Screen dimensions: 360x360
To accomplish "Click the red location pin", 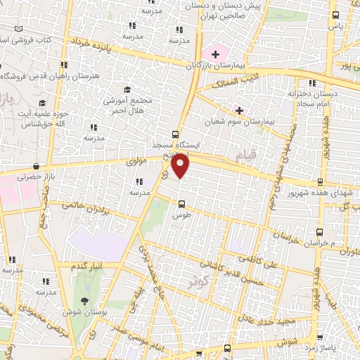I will (x=181, y=167).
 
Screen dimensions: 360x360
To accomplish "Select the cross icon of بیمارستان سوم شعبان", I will (x=240, y=110).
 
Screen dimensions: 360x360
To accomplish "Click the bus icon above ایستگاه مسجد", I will (x=175, y=135).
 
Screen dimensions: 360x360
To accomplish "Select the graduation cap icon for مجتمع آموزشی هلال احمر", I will (x=127, y=89).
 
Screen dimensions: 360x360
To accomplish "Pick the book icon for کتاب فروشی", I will (x=18, y=30).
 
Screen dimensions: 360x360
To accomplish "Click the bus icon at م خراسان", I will (x=319, y=231).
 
